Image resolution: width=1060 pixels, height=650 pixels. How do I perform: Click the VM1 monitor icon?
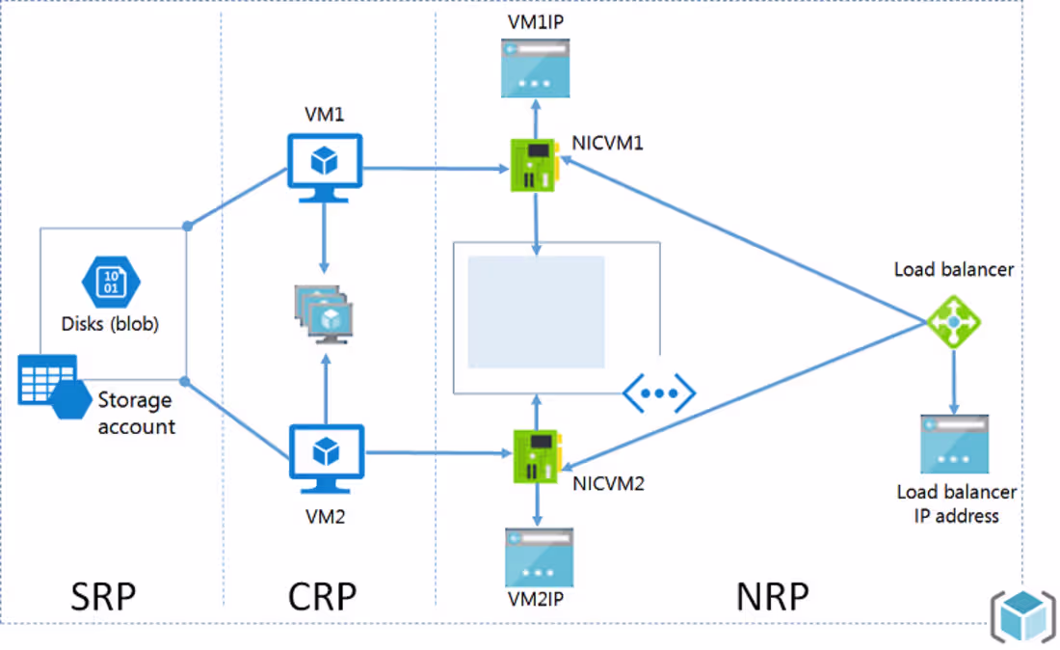pos(325,168)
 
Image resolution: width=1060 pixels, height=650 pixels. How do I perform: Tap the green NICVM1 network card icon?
pos(534,165)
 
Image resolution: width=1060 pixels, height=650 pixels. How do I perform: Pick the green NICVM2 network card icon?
pos(537,456)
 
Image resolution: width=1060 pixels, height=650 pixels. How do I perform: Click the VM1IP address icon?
pos(536,68)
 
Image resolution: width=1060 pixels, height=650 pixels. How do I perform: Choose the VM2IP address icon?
pos(539,557)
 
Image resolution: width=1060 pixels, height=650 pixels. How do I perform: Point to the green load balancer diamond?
pos(953,322)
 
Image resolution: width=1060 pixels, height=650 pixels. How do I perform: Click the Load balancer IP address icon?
pos(955,444)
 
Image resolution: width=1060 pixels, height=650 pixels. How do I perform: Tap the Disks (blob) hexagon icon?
pos(111,282)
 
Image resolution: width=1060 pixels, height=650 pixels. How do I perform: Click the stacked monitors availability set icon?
pos(324,314)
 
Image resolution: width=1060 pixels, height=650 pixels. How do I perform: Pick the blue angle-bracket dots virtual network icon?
pos(659,393)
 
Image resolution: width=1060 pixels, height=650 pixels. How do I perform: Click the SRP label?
pos(103,597)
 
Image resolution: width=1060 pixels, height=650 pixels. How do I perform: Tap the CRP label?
pos(323,597)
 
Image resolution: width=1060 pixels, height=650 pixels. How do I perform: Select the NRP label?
pos(773,597)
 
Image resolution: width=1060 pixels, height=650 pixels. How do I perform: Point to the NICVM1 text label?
pos(608,144)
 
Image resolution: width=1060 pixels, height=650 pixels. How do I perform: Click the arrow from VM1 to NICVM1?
pos(436,169)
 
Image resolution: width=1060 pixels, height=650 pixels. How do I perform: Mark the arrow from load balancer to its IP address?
pos(954,382)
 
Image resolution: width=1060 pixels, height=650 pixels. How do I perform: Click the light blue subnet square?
pos(536,311)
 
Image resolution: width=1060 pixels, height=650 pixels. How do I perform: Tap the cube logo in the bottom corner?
pos(1023,615)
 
